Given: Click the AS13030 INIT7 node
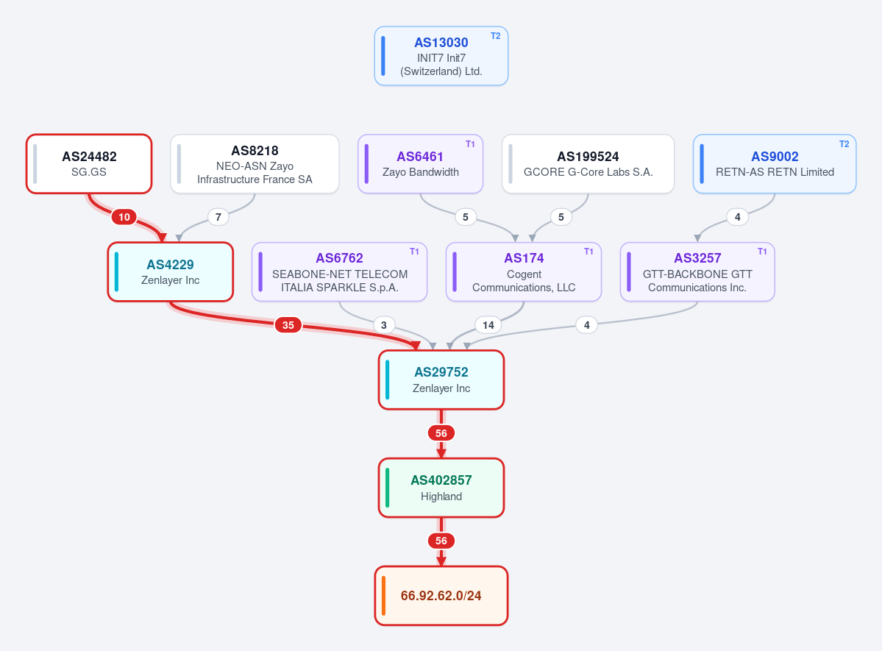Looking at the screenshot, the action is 441,56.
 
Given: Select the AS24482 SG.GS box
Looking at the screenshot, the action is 89,164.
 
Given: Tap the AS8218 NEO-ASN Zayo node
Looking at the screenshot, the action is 255,164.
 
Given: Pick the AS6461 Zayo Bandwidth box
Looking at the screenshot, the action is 420,164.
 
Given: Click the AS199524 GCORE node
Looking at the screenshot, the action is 588,164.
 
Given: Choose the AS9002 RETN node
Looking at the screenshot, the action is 775,164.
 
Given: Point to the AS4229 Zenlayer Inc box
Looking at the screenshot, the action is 171,271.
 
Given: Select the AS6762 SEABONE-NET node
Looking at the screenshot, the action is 339,271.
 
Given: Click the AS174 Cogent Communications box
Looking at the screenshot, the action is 524,271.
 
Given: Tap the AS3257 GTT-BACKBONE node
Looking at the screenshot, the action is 697,271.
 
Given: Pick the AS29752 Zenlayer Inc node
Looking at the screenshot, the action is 441,380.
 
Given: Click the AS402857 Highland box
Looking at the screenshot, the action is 441,488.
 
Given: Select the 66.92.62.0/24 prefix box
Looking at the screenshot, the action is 441,595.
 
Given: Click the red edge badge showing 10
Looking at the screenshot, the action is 124,216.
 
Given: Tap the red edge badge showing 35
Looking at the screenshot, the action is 288,324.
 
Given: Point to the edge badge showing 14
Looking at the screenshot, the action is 488,324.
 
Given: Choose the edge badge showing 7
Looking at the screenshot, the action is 218,216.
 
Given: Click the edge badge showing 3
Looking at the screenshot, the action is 384,324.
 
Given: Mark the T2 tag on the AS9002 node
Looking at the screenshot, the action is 844,144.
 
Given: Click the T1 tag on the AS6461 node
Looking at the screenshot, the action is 470,144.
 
